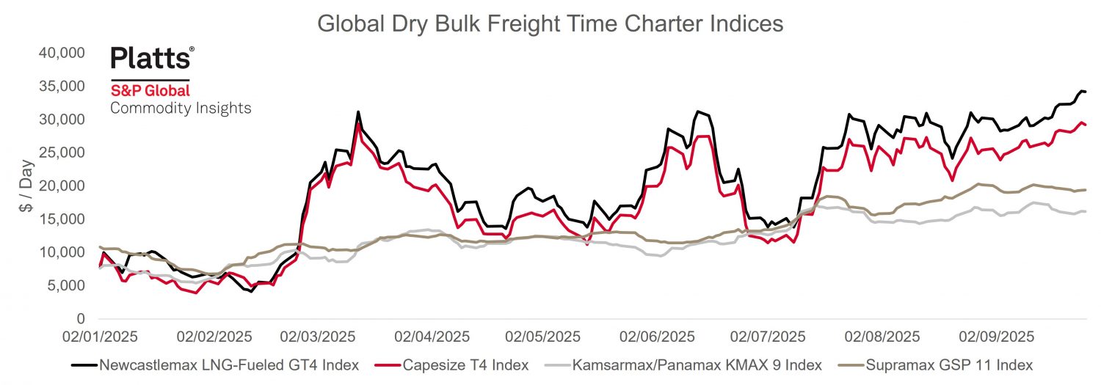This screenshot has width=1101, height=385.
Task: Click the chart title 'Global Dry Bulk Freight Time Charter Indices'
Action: click(x=550, y=23)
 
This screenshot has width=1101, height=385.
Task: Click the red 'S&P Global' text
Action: click(x=150, y=91)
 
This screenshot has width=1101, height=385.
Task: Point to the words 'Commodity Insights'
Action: click(x=181, y=109)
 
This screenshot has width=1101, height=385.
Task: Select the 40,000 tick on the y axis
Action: click(x=61, y=53)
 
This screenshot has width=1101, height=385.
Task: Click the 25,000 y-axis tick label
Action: click(x=61, y=153)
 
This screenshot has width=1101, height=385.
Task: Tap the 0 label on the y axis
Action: click(x=80, y=319)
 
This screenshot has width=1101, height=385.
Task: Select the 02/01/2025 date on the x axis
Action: click(x=99, y=337)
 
